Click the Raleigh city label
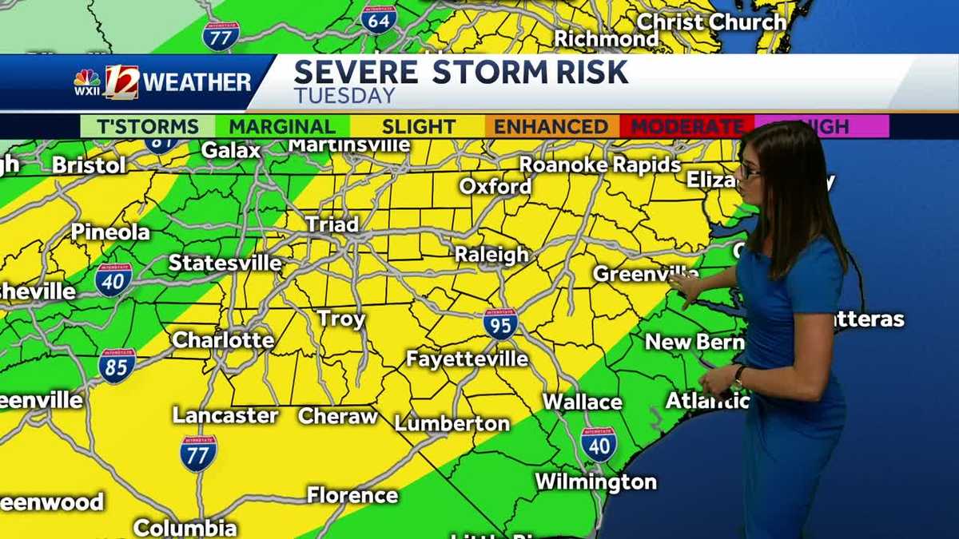click(491, 255)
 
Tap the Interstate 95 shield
click(500, 323)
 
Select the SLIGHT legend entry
click(418, 126)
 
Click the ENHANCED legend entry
click(551, 126)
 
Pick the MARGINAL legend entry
click(282, 126)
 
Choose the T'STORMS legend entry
click(148, 126)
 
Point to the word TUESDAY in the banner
click(344, 96)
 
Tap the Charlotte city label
click(223, 339)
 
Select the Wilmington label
click(595, 482)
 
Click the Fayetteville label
click(467, 359)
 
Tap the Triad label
click(332, 224)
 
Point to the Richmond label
click(606, 38)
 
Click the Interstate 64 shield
click(378, 18)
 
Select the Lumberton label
click(452, 423)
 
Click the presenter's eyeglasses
click(750, 169)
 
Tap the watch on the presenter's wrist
click(740, 375)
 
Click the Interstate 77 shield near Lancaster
click(197, 453)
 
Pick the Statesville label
click(225, 263)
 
